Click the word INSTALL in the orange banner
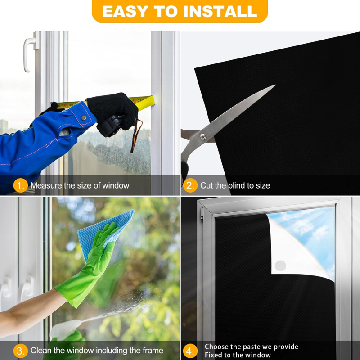220,11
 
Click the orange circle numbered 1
20,185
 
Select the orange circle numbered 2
190,185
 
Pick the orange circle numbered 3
20,351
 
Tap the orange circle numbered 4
190,351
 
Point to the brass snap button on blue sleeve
84,117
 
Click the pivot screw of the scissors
203,137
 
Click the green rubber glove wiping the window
90,264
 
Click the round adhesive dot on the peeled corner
280,266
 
